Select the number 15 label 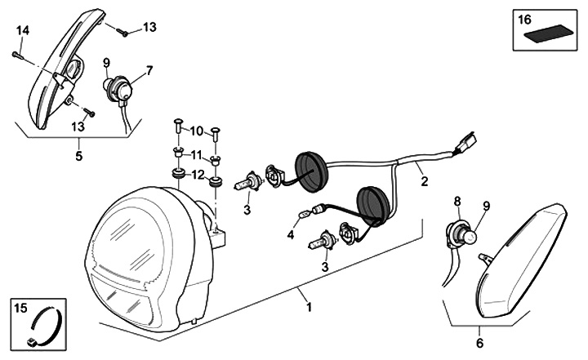tap(21, 308)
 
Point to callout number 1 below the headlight tap(309, 307)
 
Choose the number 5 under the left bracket tap(79, 155)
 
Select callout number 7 tap(149, 71)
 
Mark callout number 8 tap(457, 199)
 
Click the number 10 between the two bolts tap(196, 131)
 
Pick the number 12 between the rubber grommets tap(196, 174)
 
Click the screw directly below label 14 tap(16, 55)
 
